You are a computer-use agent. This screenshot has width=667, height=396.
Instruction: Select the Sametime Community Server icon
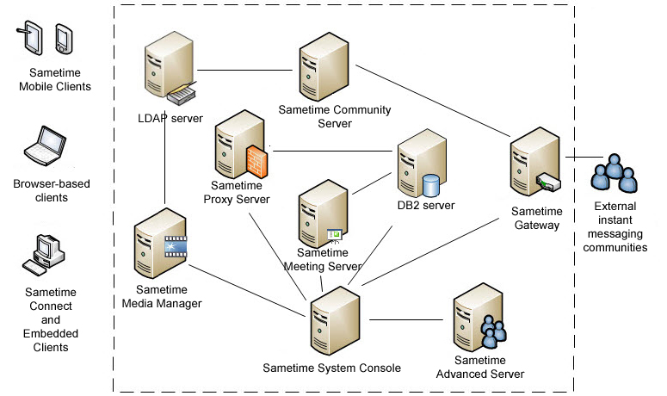pyautogui.click(x=324, y=70)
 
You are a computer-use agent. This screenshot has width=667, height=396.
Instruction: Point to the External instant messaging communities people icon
pyautogui.click(x=615, y=175)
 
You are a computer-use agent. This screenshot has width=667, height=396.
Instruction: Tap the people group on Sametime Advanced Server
pyautogui.click(x=493, y=332)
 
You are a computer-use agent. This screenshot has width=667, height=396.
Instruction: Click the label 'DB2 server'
pyautogui.click(x=425, y=205)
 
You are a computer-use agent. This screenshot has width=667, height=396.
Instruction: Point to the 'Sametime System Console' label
pyautogui.click(x=331, y=368)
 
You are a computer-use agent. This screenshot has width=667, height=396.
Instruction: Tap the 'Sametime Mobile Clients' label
pyautogui.click(x=54, y=80)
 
